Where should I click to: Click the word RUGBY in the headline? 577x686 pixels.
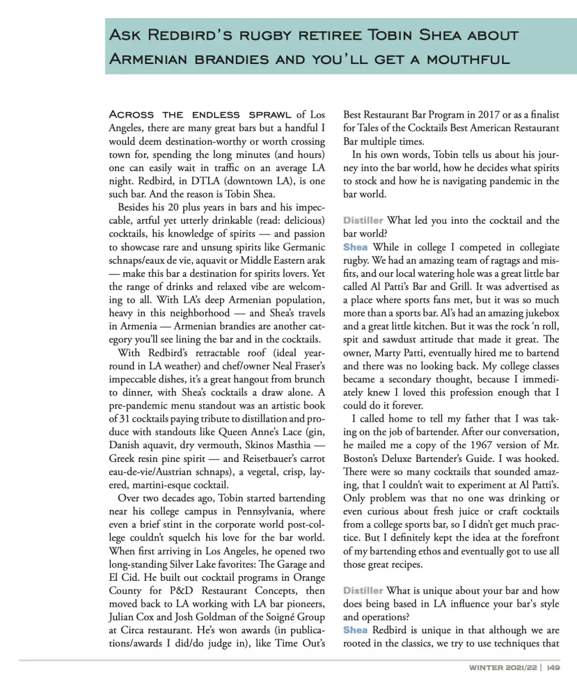[x=266, y=36]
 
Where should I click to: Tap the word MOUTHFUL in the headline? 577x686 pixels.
[x=469, y=59]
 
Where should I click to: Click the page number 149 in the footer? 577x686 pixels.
[x=553, y=668]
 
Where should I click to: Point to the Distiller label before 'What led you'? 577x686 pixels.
[x=363, y=221]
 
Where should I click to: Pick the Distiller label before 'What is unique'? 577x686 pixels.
[x=363, y=591]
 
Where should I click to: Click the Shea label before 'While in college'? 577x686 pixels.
[x=355, y=247]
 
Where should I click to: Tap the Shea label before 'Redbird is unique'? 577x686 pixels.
[x=355, y=631]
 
